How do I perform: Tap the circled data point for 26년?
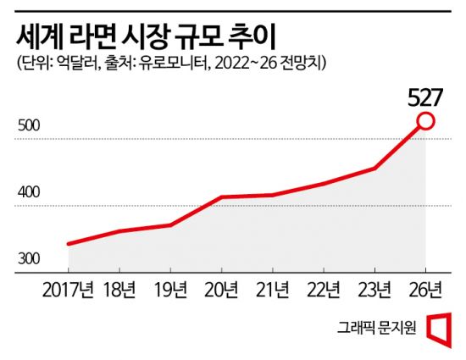(426, 122)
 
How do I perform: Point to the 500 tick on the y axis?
(29, 127)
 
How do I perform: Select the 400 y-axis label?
(29, 192)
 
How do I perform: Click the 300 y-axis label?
(29, 258)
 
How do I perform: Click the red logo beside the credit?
(438, 328)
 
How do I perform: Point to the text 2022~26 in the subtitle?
(244, 64)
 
